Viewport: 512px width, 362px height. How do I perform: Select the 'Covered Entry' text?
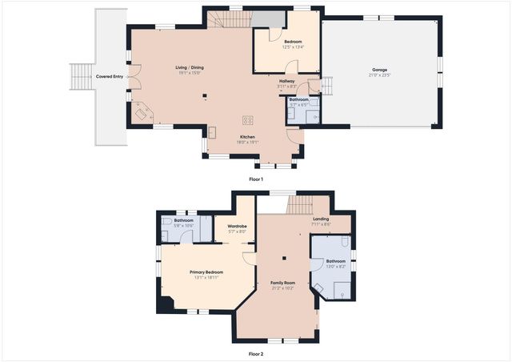[x=110, y=77]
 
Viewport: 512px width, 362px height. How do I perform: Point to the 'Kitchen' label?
[x=247, y=137]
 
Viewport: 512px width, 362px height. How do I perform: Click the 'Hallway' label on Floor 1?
[x=286, y=81]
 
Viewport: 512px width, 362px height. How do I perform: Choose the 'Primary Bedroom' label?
[x=206, y=271]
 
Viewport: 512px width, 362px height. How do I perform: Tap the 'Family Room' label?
[x=283, y=283]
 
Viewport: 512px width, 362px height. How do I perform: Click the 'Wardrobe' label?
[x=237, y=227]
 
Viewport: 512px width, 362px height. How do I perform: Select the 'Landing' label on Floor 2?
[x=321, y=219]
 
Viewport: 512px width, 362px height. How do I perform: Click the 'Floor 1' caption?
[x=256, y=179]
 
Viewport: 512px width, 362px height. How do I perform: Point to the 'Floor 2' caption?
[x=256, y=353]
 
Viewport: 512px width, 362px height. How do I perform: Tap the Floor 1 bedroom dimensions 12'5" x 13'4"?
[x=293, y=46]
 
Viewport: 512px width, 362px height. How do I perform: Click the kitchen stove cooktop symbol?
[x=248, y=120]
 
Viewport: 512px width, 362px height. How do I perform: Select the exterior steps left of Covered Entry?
[x=81, y=78]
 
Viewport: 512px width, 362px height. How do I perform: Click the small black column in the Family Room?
[x=283, y=258]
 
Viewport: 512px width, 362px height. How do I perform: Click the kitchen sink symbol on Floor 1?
[x=213, y=131]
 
